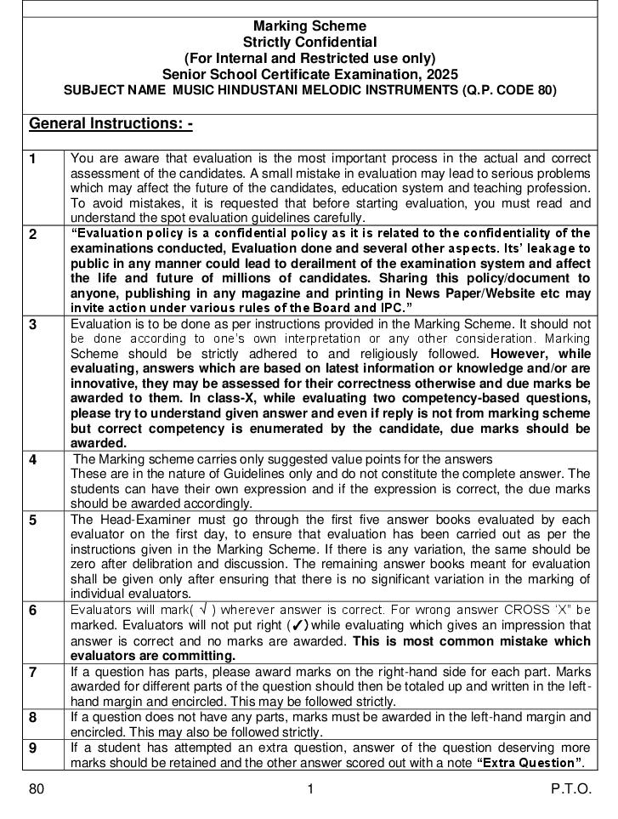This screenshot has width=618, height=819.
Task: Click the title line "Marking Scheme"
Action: click(309, 26)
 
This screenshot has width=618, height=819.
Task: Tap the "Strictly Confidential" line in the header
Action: click(309, 42)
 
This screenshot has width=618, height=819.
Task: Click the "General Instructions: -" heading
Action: click(111, 124)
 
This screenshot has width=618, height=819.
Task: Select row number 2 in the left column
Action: click(33, 235)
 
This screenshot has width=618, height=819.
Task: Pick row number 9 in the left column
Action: click(33, 748)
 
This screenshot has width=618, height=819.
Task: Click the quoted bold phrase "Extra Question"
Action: click(530, 762)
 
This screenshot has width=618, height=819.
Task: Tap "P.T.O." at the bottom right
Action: click(570, 789)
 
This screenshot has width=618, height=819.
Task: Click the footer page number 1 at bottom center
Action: click(310, 789)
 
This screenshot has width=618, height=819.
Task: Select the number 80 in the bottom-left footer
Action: click(36, 789)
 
